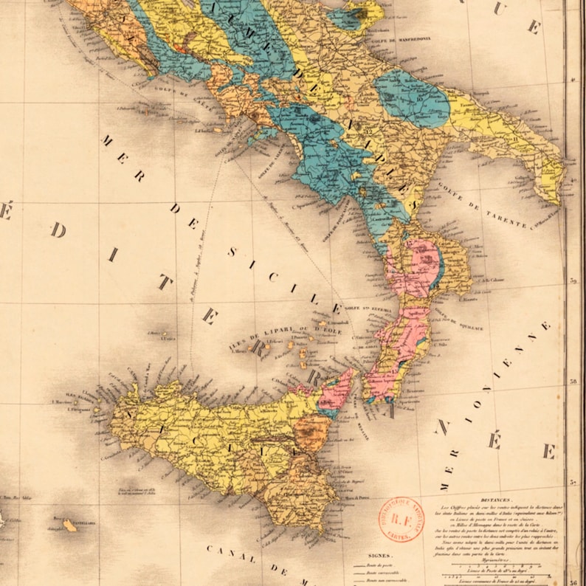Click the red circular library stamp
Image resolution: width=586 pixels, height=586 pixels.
(x=402, y=520)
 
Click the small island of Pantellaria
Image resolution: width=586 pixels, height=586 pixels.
(x=69, y=525)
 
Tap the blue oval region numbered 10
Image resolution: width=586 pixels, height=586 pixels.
(x=412, y=99)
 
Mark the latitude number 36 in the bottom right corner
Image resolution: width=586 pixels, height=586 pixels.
(x=573, y=580)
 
